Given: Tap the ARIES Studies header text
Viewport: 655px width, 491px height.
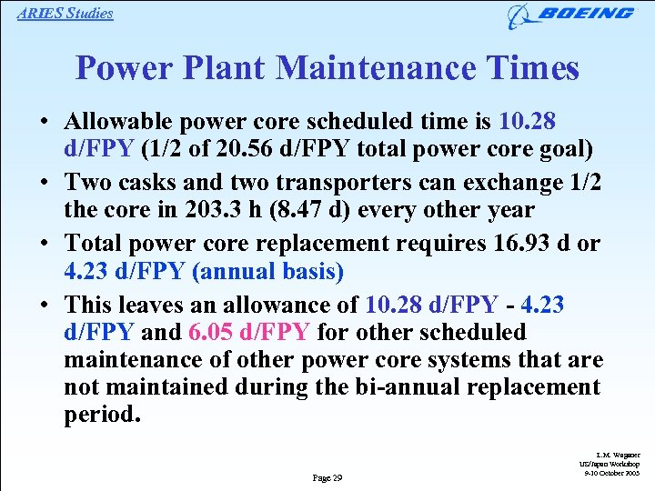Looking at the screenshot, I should [x=65, y=13].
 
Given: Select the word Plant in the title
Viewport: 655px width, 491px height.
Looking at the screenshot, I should [x=223, y=67].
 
